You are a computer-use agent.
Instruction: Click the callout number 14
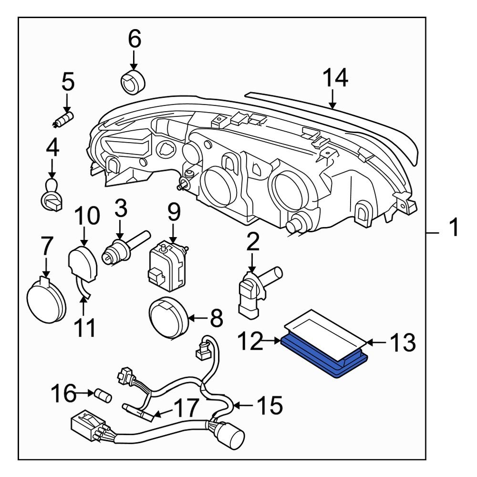[x=336, y=78]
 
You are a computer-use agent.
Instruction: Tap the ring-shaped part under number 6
[x=133, y=83]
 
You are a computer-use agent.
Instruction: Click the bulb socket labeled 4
[x=52, y=196]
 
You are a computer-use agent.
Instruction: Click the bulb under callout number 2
[x=253, y=291]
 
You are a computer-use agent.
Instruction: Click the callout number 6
[x=134, y=39]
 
